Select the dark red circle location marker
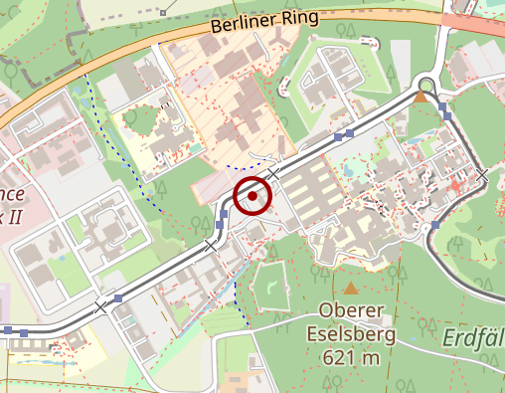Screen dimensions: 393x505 click(x=252, y=196)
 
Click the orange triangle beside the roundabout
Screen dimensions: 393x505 click(x=421, y=98)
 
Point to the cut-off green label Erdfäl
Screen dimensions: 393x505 click(x=471, y=336)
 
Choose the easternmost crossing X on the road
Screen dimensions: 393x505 click(x=483, y=175)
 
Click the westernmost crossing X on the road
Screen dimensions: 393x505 click(x=100, y=307)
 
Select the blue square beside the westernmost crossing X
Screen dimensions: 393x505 click(x=118, y=297)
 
